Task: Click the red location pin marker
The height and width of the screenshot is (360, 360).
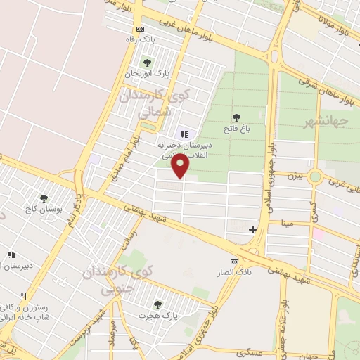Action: pyautogui.click(x=182, y=165)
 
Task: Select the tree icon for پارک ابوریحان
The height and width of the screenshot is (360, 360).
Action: pyautogui.click(x=147, y=63)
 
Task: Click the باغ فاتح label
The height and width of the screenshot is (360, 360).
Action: pyautogui.click(x=236, y=129)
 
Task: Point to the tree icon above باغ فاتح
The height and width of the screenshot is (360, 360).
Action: pyautogui.click(x=236, y=117)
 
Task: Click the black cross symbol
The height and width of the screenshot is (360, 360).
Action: pyautogui.click(x=252, y=229)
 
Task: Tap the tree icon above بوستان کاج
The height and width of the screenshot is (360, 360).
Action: pyautogui.click(x=44, y=200)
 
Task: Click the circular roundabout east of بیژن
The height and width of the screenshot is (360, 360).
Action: pyautogui.click(x=315, y=176)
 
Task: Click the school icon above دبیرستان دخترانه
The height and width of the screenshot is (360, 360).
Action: pyautogui.click(x=184, y=134)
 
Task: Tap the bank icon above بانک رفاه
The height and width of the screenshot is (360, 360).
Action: pyautogui.click(x=141, y=29)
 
